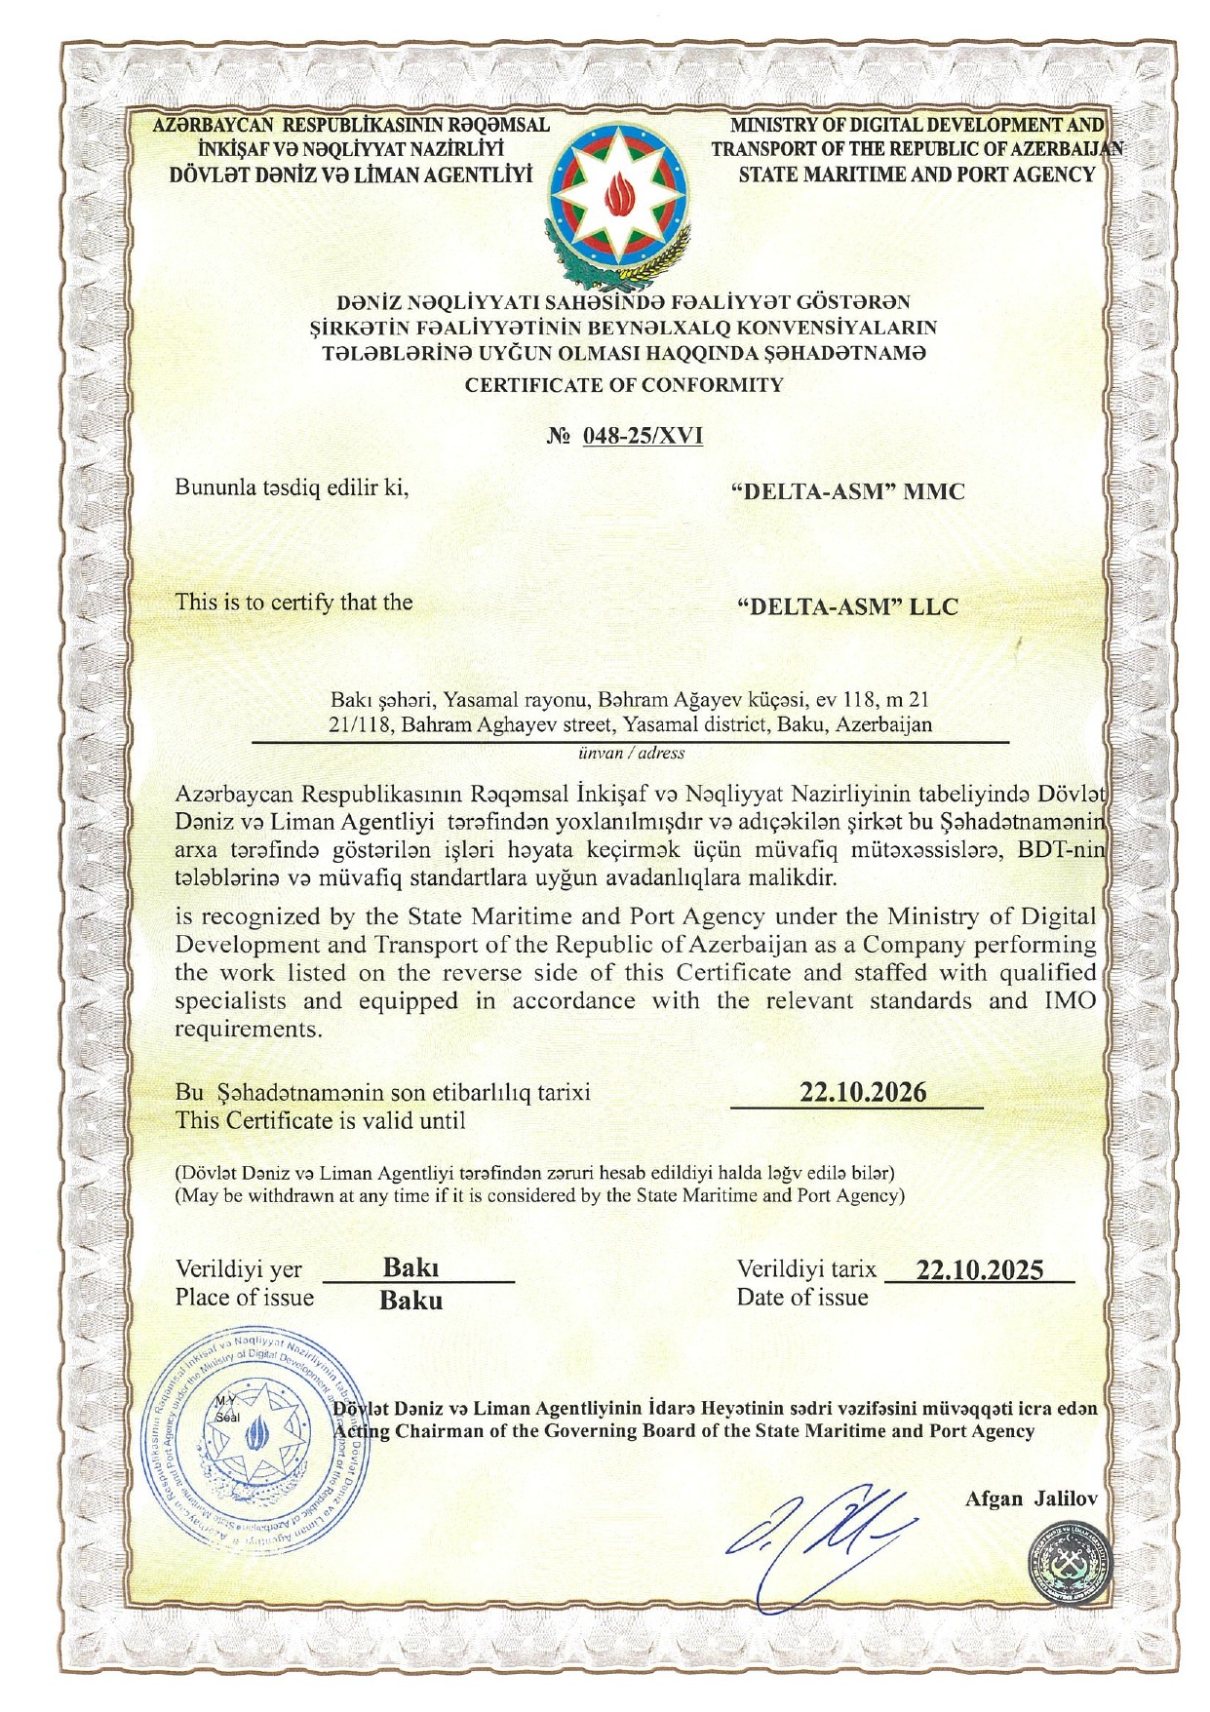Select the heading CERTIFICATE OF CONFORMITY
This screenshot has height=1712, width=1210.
(624, 385)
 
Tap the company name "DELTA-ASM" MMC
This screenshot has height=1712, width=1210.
(847, 491)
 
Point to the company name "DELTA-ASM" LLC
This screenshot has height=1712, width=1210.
(847, 606)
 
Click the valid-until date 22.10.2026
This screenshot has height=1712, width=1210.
(863, 1092)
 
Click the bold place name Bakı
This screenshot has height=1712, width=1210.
(410, 1267)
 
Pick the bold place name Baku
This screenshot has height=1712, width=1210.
(410, 1301)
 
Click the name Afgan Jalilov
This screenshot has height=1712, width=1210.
(1030, 1498)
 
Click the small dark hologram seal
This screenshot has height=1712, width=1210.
(1071, 1568)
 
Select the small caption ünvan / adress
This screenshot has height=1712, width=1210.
(631, 754)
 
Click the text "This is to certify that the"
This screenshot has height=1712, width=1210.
(293, 603)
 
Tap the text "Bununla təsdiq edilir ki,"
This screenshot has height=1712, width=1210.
(292, 487)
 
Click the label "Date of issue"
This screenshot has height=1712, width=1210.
(801, 1298)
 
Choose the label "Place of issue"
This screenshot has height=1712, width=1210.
(245, 1298)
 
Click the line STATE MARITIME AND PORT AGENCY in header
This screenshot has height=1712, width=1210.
(917, 175)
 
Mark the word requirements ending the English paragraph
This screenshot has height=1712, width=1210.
(248, 1030)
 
